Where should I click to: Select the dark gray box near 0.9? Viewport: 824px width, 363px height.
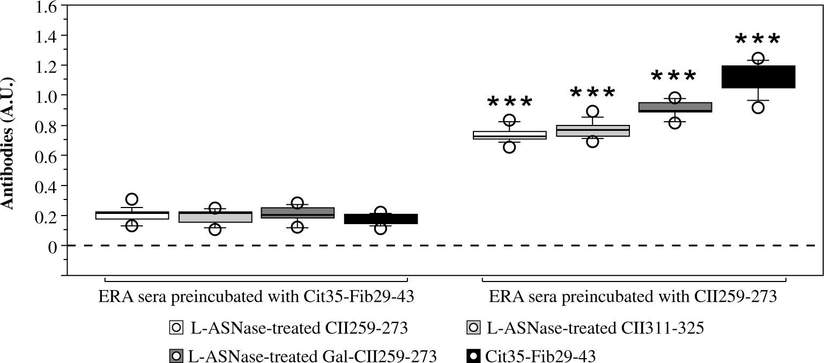[x=674, y=107]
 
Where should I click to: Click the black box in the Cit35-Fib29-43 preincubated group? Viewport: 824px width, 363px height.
[x=381, y=219]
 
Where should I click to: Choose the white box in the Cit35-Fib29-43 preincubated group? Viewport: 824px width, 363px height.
[x=132, y=216]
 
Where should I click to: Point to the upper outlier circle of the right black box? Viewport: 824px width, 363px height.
[x=758, y=58]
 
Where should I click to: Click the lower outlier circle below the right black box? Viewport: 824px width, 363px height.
[x=758, y=107]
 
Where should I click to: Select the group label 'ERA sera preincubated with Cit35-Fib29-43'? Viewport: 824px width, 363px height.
[x=256, y=297]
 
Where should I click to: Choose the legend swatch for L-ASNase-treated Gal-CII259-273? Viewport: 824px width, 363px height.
[x=174, y=355]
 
